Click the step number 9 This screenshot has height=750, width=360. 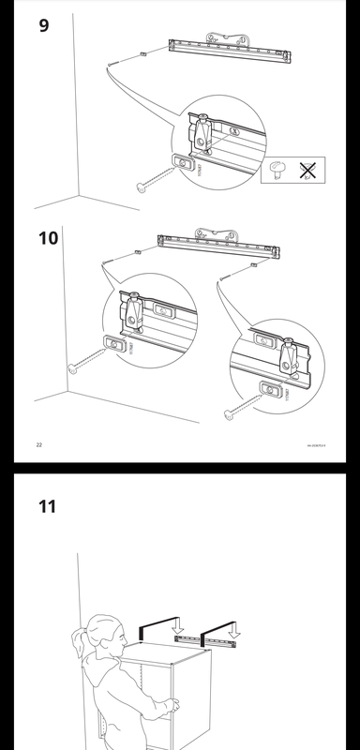[43, 25]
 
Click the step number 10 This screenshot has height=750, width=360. [47, 237]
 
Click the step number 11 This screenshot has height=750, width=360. [47, 506]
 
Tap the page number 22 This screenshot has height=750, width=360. [38, 444]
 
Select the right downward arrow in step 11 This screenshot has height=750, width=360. [233, 631]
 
